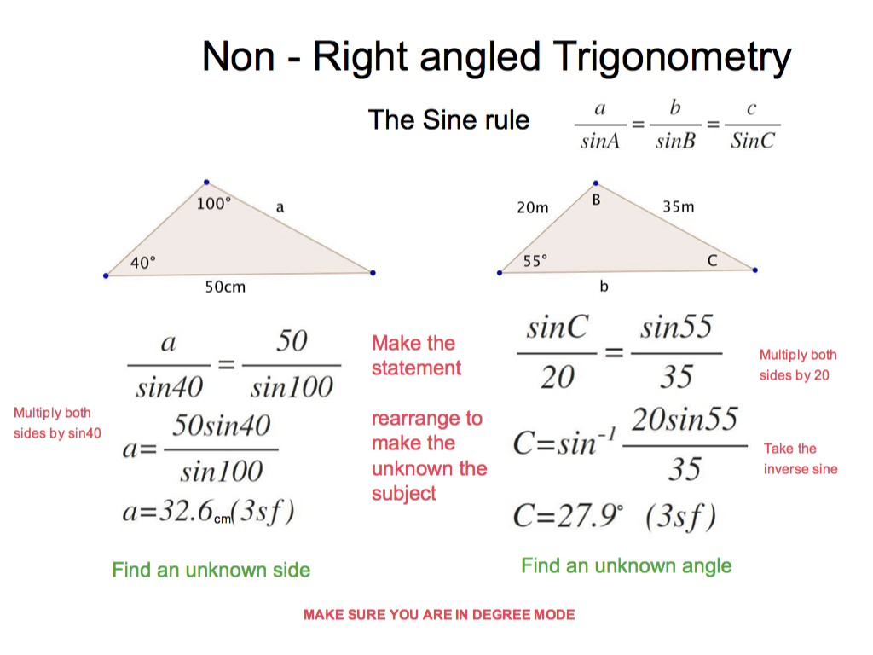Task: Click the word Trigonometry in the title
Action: (x=672, y=58)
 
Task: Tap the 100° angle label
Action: (x=214, y=204)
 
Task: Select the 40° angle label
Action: (x=143, y=263)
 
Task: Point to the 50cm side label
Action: (x=225, y=287)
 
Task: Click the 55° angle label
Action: (x=535, y=261)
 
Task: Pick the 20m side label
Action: (x=533, y=208)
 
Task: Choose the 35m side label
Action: (x=678, y=206)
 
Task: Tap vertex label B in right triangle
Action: (x=596, y=200)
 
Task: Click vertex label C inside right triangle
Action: (x=712, y=260)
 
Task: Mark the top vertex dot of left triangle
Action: (x=206, y=183)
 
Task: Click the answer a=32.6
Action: (x=208, y=512)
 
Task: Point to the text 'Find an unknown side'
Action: (x=211, y=570)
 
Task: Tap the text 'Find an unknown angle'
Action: (x=627, y=566)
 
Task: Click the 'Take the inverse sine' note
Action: (x=801, y=459)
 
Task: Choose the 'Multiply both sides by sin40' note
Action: (x=57, y=423)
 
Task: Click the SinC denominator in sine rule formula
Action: (x=752, y=141)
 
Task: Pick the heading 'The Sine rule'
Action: (x=448, y=119)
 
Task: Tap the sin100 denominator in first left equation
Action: (x=292, y=387)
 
